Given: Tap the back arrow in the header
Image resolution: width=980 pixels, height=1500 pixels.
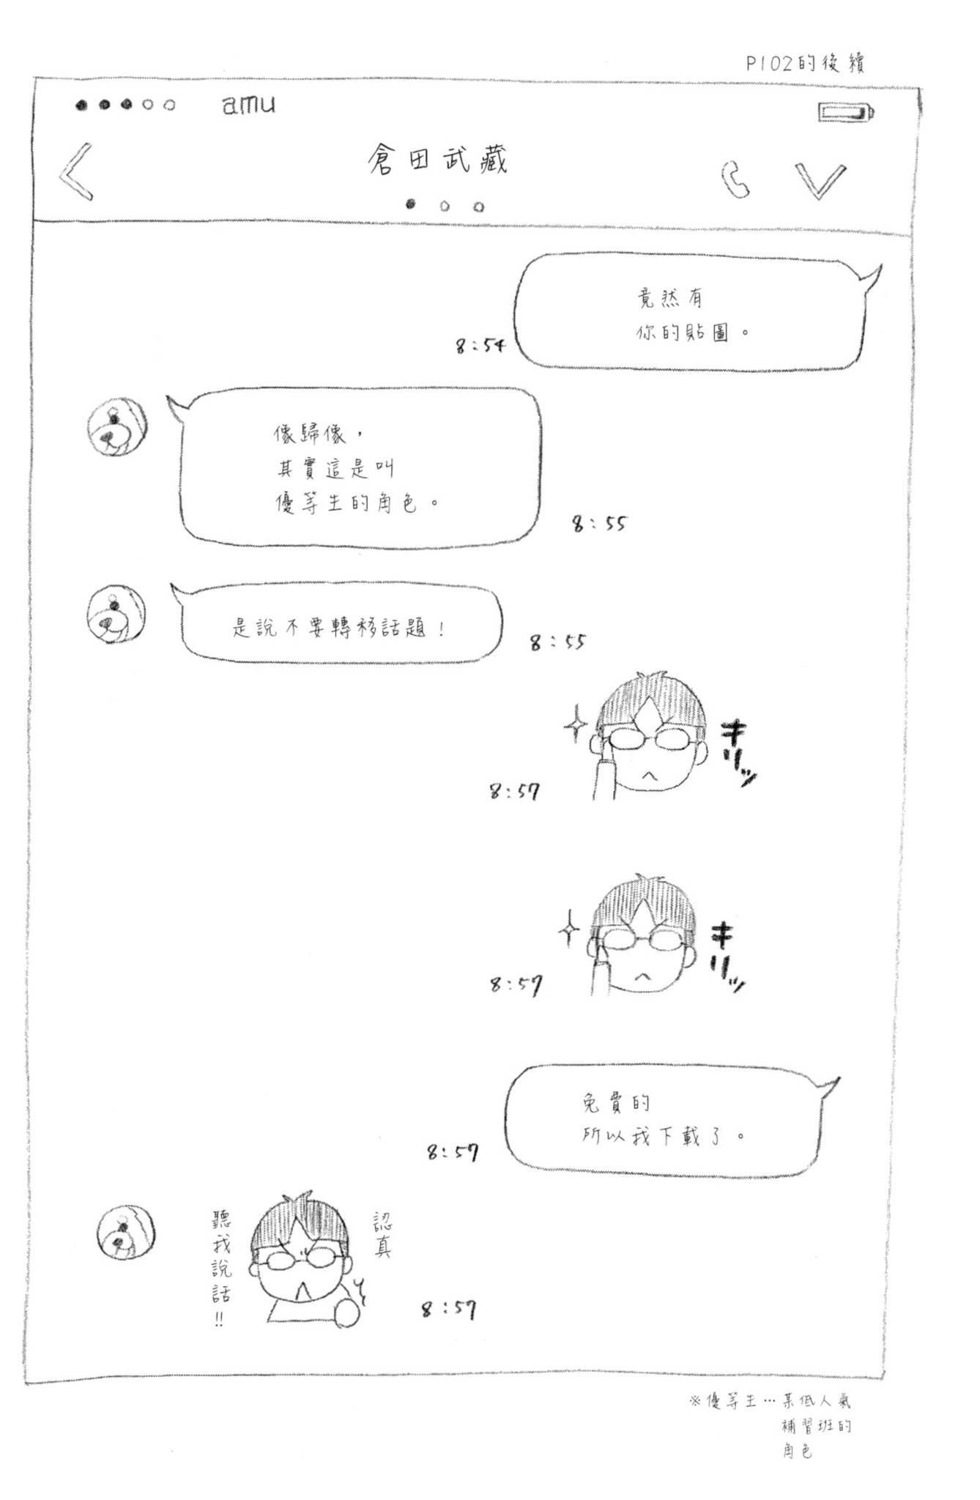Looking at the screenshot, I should [x=77, y=171].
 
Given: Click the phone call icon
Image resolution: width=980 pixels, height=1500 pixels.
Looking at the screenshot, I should [x=735, y=179].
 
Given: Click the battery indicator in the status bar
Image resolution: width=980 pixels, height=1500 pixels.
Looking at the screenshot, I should [x=846, y=112].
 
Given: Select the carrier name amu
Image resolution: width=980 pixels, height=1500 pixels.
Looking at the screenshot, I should [x=249, y=105].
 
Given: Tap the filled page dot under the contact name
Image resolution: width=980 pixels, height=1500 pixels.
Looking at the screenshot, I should [x=410, y=204].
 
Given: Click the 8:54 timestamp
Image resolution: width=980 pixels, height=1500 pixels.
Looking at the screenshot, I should [x=480, y=344].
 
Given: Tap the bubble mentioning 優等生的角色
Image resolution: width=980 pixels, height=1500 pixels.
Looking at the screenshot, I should [x=359, y=467].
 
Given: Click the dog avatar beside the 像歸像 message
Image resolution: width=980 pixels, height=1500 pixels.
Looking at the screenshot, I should [x=116, y=426].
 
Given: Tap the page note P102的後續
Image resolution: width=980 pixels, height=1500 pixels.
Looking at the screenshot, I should [x=805, y=64].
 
